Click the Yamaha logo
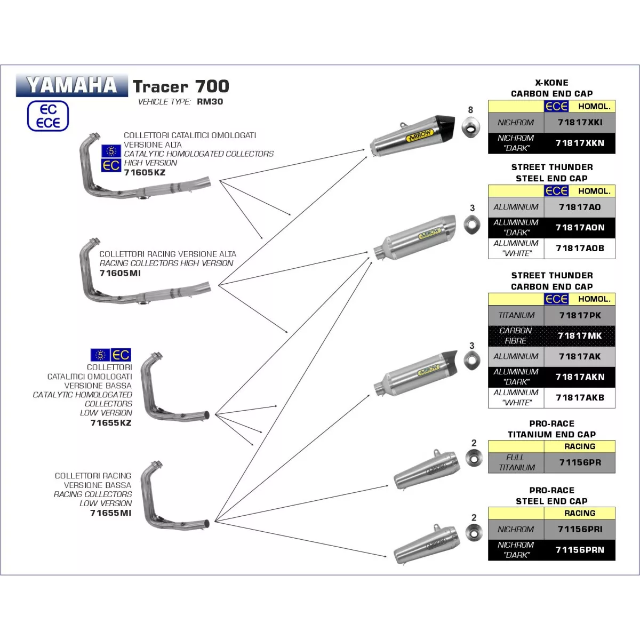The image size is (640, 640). pos(71,85)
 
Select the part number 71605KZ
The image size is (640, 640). pos(145,172)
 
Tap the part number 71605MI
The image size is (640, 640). pos(120,273)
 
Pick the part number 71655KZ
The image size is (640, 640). pos(111,423)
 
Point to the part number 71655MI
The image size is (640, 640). pos(110,513)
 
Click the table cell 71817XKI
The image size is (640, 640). pos(580,122)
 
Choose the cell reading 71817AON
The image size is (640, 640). pos(580,228)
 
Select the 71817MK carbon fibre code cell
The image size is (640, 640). pos(580,335)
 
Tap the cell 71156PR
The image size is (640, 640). pos(580,462)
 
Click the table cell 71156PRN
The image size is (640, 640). pos(580,550)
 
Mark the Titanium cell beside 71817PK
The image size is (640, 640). pos(516,315)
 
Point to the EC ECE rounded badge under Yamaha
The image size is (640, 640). pos(48,116)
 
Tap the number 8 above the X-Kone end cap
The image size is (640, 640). pos(470,110)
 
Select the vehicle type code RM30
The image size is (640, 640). pos(210,101)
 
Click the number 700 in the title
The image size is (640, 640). pos(212,86)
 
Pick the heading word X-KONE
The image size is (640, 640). pos(551,83)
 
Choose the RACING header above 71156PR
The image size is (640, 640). pos(580,446)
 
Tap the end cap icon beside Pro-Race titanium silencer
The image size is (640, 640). pos(473,458)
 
